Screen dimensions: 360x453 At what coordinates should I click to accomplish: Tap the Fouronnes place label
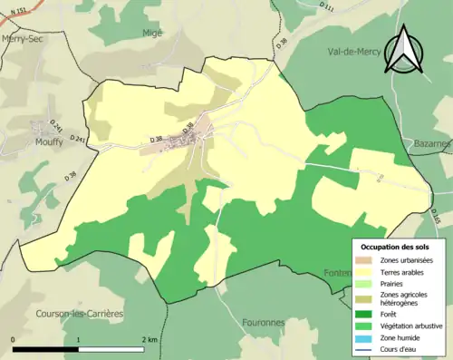pyautogui.click(x=264, y=321)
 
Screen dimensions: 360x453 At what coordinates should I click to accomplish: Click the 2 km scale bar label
pyautogui.click(x=149, y=338)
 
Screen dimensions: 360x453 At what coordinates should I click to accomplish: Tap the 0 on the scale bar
pyautogui.click(x=14, y=338)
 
